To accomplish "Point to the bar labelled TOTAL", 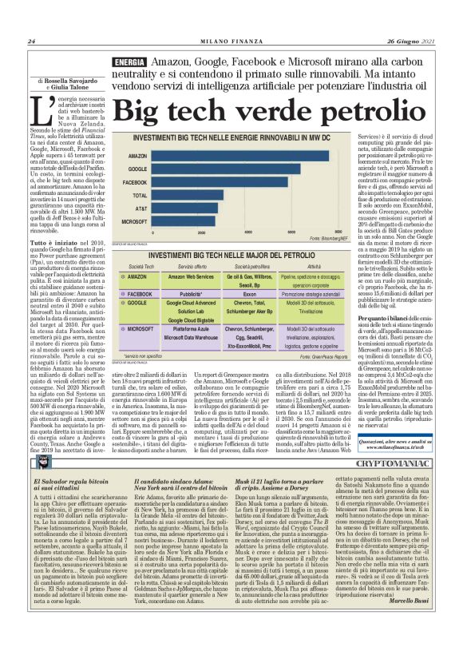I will pyautogui.click(x=188, y=194).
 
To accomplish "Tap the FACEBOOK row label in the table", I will pyautogui.click(x=139, y=294).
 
